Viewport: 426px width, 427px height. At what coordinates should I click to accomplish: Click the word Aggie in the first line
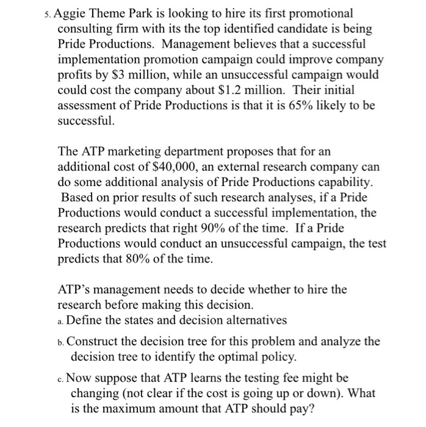[76, 13]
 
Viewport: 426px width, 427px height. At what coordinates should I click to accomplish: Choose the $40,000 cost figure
[183, 167]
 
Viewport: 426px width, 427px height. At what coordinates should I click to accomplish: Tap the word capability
[339, 182]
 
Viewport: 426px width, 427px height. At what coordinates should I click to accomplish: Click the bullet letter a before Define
[60, 321]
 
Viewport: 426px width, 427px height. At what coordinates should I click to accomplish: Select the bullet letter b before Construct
[61, 342]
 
